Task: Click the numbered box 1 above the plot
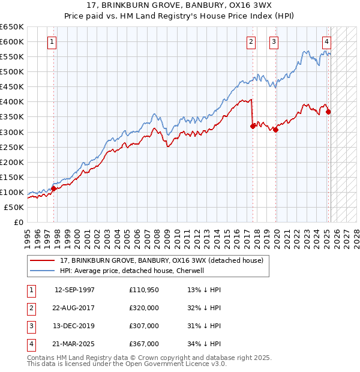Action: click(x=53, y=42)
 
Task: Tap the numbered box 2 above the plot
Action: click(x=250, y=42)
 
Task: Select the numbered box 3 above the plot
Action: click(x=274, y=42)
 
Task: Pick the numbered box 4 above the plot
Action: click(x=326, y=42)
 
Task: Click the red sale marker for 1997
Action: click(x=53, y=188)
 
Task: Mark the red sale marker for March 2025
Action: click(x=328, y=112)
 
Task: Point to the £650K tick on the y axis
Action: click(x=12, y=27)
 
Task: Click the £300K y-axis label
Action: click(x=12, y=132)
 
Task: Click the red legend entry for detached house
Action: click(x=161, y=260)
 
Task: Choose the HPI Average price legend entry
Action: click(x=132, y=271)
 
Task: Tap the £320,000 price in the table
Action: click(x=144, y=308)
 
